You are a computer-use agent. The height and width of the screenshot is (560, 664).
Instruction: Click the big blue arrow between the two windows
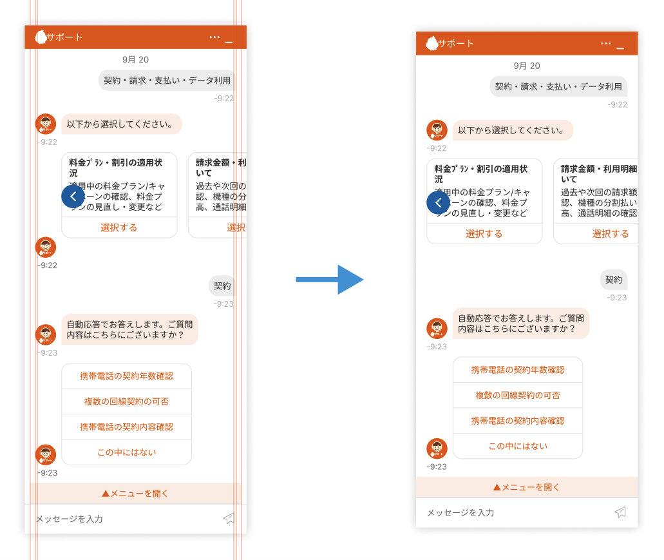click(330, 279)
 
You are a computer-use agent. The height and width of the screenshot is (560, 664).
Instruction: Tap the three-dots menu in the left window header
click(214, 37)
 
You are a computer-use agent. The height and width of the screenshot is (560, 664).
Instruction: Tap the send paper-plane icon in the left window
click(229, 518)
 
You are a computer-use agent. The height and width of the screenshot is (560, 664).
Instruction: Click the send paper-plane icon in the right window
click(620, 512)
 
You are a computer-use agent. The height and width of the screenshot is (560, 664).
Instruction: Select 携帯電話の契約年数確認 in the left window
click(126, 376)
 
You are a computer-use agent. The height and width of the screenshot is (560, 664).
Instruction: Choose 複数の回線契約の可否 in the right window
click(517, 395)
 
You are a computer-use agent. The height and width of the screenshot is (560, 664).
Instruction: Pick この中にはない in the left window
click(126, 452)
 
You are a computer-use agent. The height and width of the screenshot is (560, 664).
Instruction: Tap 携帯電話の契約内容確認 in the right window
click(517, 420)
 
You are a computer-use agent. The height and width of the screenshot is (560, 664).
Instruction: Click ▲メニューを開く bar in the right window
click(526, 487)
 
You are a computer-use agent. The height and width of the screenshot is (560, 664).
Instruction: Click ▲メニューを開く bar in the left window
click(135, 494)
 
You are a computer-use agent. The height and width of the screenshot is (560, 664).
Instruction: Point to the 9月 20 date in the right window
click(526, 66)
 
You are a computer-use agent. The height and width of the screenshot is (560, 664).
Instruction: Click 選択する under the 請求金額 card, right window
click(610, 233)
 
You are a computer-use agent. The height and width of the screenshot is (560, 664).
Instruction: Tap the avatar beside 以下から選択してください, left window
click(46, 124)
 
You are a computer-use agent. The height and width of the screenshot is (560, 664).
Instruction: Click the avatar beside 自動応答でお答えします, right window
click(437, 328)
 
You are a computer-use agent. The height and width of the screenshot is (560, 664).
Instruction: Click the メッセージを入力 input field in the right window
click(509, 512)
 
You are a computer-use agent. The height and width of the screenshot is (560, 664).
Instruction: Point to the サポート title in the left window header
click(64, 37)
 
